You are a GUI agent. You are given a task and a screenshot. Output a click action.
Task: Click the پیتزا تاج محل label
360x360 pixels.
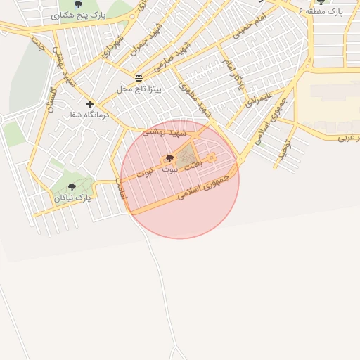(139, 89)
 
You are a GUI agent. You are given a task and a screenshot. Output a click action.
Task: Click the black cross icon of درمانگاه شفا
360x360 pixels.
(89, 104)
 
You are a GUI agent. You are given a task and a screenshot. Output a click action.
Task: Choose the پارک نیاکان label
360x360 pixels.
(73, 198)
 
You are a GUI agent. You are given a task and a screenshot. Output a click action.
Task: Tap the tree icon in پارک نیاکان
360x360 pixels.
(72, 187)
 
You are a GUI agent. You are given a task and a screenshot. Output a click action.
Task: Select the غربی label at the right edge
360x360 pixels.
(347, 137)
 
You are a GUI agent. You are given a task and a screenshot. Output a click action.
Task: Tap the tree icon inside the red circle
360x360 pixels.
(169, 158)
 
